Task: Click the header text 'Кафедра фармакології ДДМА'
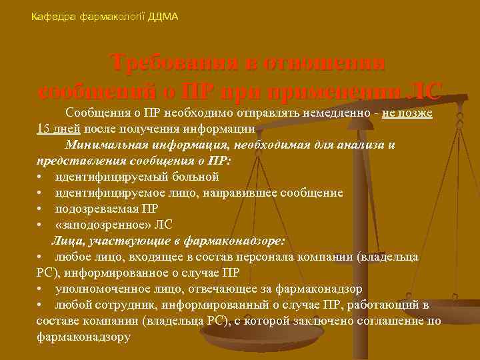(x=105, y=16)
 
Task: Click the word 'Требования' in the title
(x=171, y=63)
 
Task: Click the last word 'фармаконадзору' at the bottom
(x=84, y=337)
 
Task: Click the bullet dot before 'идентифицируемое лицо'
(x=41, y=193)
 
